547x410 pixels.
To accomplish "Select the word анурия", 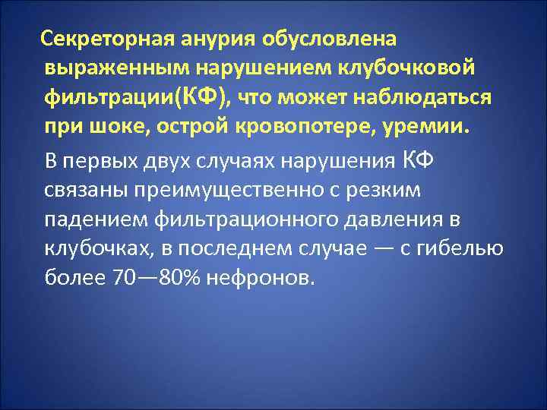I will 215,38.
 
